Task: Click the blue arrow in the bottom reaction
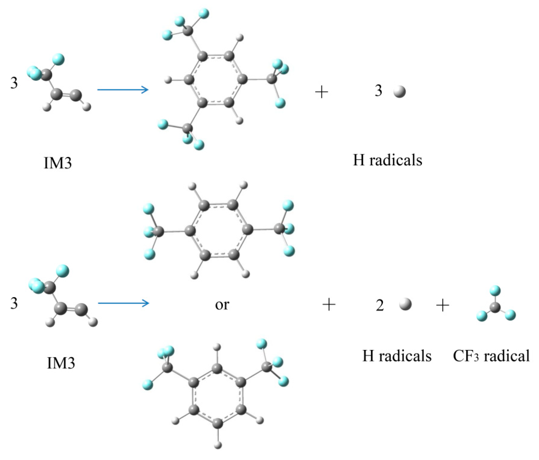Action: click(123, 303)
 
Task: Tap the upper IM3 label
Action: click(58, 163)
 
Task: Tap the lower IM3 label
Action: click(61, 363)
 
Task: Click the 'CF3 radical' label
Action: click(491, 356)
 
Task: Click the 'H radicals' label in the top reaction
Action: click(387, 160)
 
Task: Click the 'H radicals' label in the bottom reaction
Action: click(397, 356)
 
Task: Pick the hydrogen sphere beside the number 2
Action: click(405, 304)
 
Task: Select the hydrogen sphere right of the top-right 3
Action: click(400, 92)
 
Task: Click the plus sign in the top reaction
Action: click(322, 92)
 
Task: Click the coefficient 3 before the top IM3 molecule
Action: click(14, 83)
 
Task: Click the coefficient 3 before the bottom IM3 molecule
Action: click(14, 303)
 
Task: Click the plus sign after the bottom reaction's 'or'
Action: click(329, 304)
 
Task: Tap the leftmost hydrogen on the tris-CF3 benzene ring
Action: click(169, 79)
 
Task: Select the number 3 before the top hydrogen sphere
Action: click(379, 91)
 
